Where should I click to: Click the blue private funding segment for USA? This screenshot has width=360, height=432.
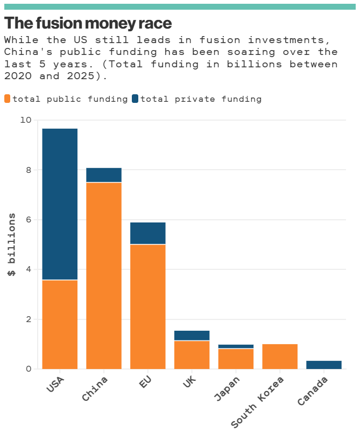pos(60,204)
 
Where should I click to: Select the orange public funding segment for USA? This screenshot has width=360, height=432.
pos(60,324)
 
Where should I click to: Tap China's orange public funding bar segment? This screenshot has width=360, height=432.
pos(104,276)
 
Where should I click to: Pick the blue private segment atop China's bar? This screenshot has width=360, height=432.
pos(104,175)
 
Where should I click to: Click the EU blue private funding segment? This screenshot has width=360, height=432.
pos(148,233)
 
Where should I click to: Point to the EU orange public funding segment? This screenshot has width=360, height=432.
pos(148,306)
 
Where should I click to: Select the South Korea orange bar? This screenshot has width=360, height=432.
pos(280,357)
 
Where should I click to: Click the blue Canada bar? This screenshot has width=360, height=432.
pos(324,365)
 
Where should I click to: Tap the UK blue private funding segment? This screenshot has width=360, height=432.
pos(192,336)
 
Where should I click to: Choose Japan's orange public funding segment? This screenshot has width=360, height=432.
pos(236,359)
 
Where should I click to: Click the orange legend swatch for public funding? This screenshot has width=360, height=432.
pos(8,99)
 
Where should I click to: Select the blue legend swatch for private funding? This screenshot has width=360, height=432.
pos(135,99)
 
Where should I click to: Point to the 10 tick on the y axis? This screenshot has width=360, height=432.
pos(26,120)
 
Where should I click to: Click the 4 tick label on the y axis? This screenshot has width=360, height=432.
pos(29,269)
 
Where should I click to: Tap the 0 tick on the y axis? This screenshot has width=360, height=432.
pos(29,369)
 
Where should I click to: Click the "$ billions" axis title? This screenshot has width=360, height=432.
pos(12,245)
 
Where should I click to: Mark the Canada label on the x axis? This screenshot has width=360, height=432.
pos(313,392)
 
